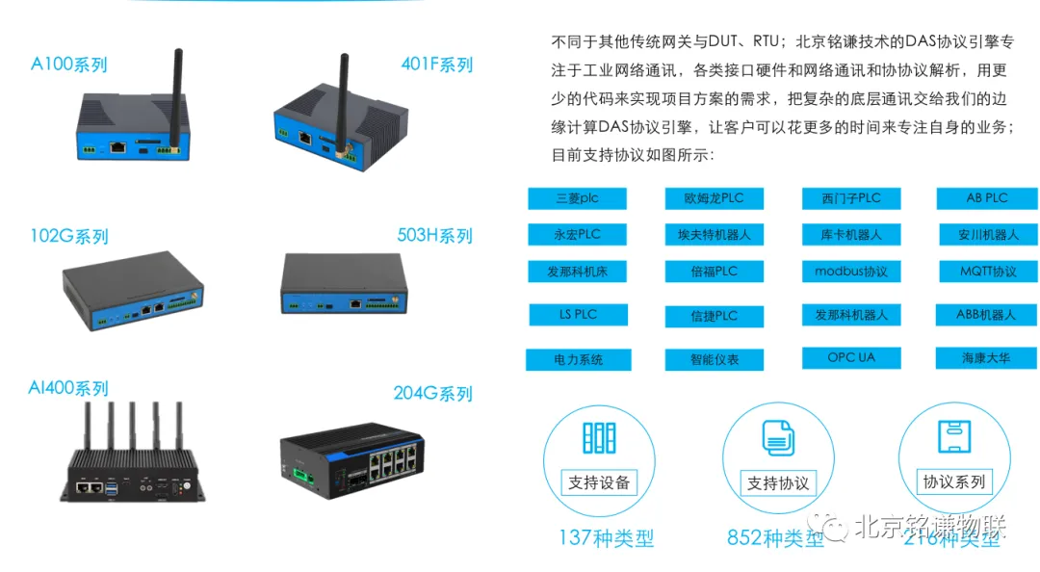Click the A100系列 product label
[68, 65]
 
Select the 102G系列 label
[68, 236]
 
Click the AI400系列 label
[68, 388]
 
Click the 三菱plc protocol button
[577, 198]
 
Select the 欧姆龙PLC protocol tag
[714, 198]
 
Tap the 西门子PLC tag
[851, 198]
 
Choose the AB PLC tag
[987, 197]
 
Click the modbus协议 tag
[851, 272]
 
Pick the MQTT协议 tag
[988, 272]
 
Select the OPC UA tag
[851, 357]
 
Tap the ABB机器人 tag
[986, 314]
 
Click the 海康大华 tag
[986, 358]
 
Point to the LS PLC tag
[578, 314]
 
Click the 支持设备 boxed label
[599, 482]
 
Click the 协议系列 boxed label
[954, 481]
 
